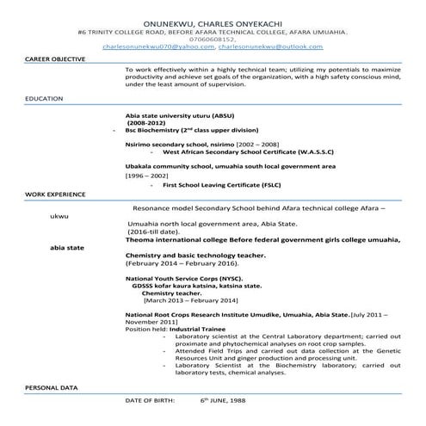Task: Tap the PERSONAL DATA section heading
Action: [x=48, y=389]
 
